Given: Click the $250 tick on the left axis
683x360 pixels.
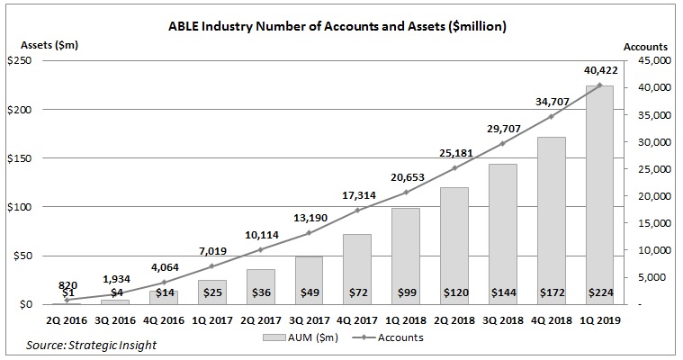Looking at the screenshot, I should (x=20, y=60).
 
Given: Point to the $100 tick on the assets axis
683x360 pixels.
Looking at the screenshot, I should (x=20, y=207).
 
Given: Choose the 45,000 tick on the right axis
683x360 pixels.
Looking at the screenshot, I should (x=647, y=60).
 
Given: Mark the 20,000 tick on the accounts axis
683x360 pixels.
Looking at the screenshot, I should (x=647, y=196).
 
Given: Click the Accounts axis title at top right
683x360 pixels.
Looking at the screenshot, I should (x=645, y=45).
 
